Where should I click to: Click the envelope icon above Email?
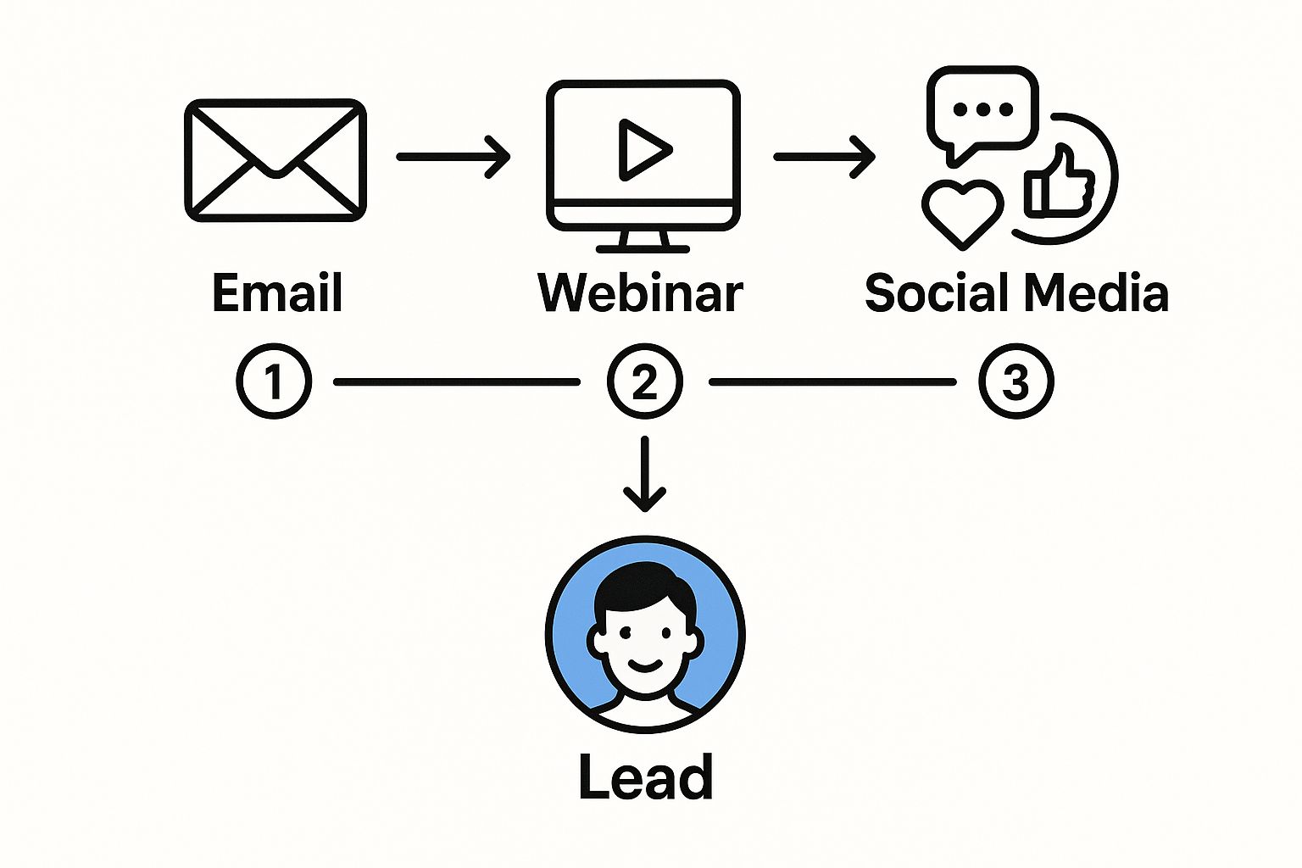(275, 160)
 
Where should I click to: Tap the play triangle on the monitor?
(643, 150)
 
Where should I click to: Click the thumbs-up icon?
(1059, 182)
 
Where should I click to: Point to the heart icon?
(962, 210)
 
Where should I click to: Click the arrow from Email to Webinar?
(453, 157)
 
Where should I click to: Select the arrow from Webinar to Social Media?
(824, 157)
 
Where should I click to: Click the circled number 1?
(274, 381)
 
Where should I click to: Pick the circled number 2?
(645, 381)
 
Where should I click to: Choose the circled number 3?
(1015, 381)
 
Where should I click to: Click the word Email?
(277, 293)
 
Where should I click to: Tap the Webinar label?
(641, 293)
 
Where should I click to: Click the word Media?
(1096, 293)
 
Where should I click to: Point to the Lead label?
(645, 776)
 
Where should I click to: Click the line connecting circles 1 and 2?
(458, 382)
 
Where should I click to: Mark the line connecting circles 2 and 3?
(832, 382)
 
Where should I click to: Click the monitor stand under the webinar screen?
(643, 242)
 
